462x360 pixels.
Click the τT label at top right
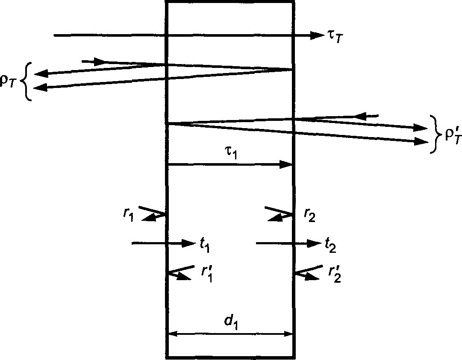[335, 37]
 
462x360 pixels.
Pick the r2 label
[310, 216]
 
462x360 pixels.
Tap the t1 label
[205, 244]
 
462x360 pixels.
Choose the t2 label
[330, 245]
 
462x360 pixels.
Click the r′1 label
[207, 273]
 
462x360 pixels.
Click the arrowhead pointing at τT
[317, 35]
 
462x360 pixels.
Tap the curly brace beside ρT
[27, 82]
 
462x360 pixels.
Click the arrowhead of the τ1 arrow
[285, 164]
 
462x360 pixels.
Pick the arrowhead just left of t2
[314, 243]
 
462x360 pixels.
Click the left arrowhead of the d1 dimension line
[173, 334]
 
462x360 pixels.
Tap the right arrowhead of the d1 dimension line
[288, 334]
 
